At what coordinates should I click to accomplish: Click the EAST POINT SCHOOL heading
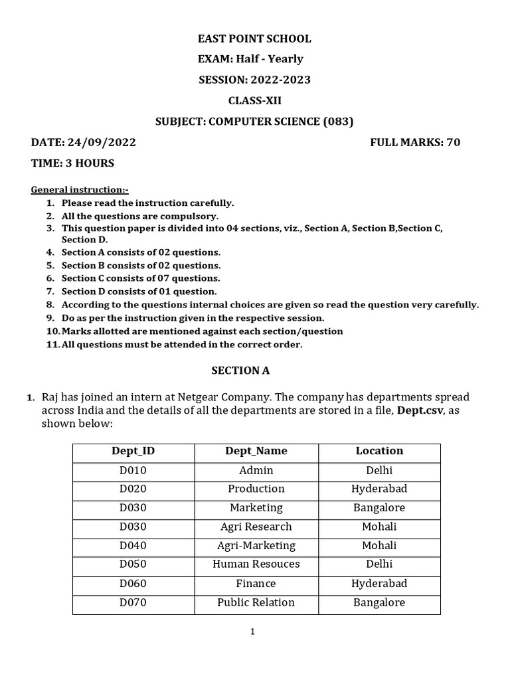(x=254, y=39)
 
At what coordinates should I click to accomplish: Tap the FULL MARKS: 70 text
(x=414, y=142)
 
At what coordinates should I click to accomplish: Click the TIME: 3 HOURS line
(x=72, y=163)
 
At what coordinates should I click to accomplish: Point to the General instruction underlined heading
(x=80, y=190)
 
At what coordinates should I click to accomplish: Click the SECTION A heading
(x=240, y=371)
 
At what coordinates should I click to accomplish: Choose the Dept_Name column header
(x=256, y=451)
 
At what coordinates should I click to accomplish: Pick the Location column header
(x=379, y=451)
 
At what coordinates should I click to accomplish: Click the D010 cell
(x=133, y=470)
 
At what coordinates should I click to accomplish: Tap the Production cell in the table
(x=256, y=489)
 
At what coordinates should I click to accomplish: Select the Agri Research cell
(x=256, y=527)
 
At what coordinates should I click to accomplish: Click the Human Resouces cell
(x=256, y=564)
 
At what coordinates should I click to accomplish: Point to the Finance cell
(x=256, y=583)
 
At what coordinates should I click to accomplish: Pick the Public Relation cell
(x=256, y=602)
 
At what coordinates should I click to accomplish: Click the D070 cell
(x=133, y=602)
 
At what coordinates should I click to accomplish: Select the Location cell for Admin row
(x=379, y=470)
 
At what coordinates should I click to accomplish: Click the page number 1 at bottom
(x=252, y=632)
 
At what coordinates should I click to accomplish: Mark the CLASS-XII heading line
(x=254, y=100)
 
